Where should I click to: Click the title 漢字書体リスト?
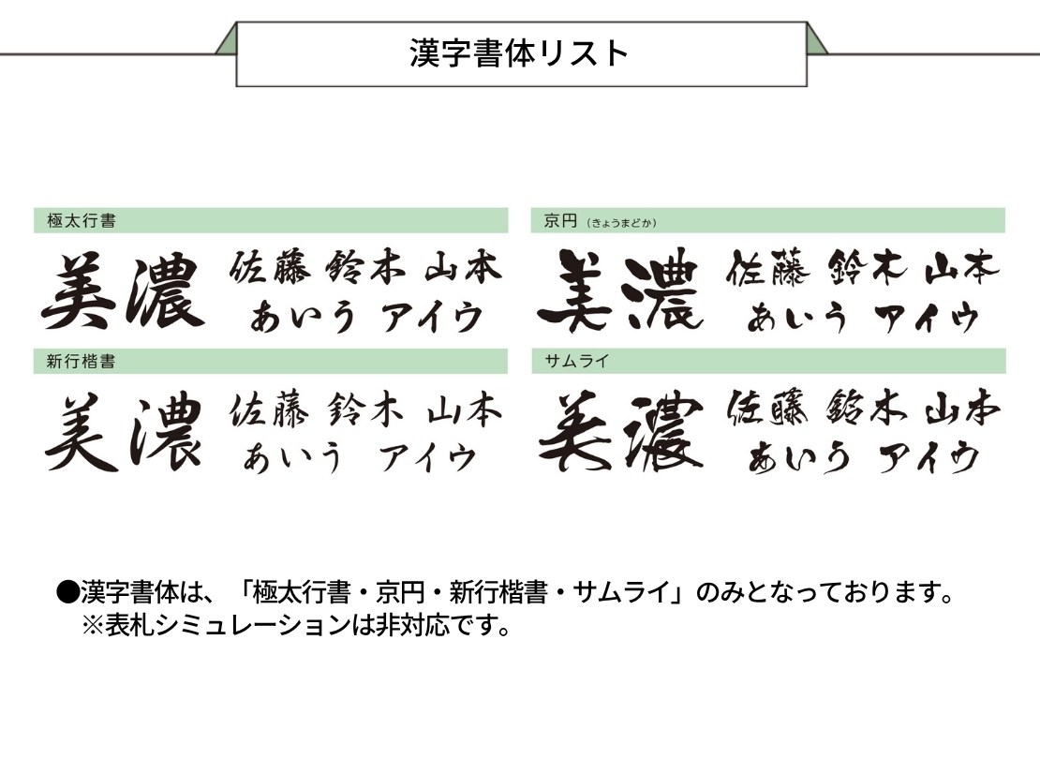[x=519, y=53]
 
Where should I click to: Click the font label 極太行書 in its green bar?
[x=82, y=220]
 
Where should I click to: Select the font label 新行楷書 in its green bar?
[x=81, y=361]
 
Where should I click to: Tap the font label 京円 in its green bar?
[x=560, y=220]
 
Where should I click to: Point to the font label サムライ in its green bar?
[x=576, y=361]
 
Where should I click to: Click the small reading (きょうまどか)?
[x=621, y=223]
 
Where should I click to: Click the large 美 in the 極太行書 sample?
[x=80, y=291]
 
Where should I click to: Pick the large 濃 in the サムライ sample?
[x=663, y=432]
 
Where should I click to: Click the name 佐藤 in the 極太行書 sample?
[x=270, y=267]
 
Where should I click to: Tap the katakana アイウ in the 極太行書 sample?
[x=433, y=318]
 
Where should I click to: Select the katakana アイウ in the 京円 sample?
[x=927, y=318]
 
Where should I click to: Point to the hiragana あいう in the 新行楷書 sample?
[x=292, y=458]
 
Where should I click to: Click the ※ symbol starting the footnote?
[x=92, y=626]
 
